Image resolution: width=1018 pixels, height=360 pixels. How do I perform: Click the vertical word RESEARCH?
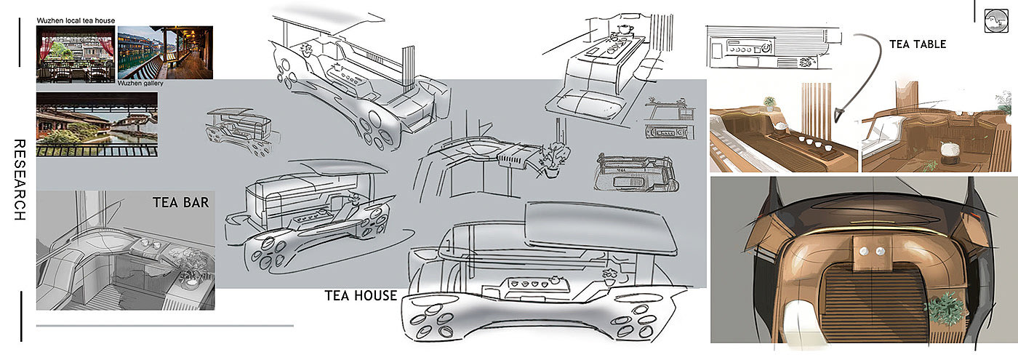(x=20, y=180)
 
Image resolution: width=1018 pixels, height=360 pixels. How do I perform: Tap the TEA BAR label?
(x=180, y=203)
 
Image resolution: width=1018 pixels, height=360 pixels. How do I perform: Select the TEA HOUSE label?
(x=361, y=295)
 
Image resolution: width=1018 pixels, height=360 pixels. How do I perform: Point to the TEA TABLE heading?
(x=918, y=44)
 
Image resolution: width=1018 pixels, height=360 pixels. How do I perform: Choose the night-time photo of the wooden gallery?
(x=165, y=52)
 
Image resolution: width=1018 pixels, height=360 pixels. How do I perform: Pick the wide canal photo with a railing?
(x=97, y=124)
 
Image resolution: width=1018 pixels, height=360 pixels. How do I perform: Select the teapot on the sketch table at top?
(x=625, y=28)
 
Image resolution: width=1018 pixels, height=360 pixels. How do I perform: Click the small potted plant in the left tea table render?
(x=769, y=104)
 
